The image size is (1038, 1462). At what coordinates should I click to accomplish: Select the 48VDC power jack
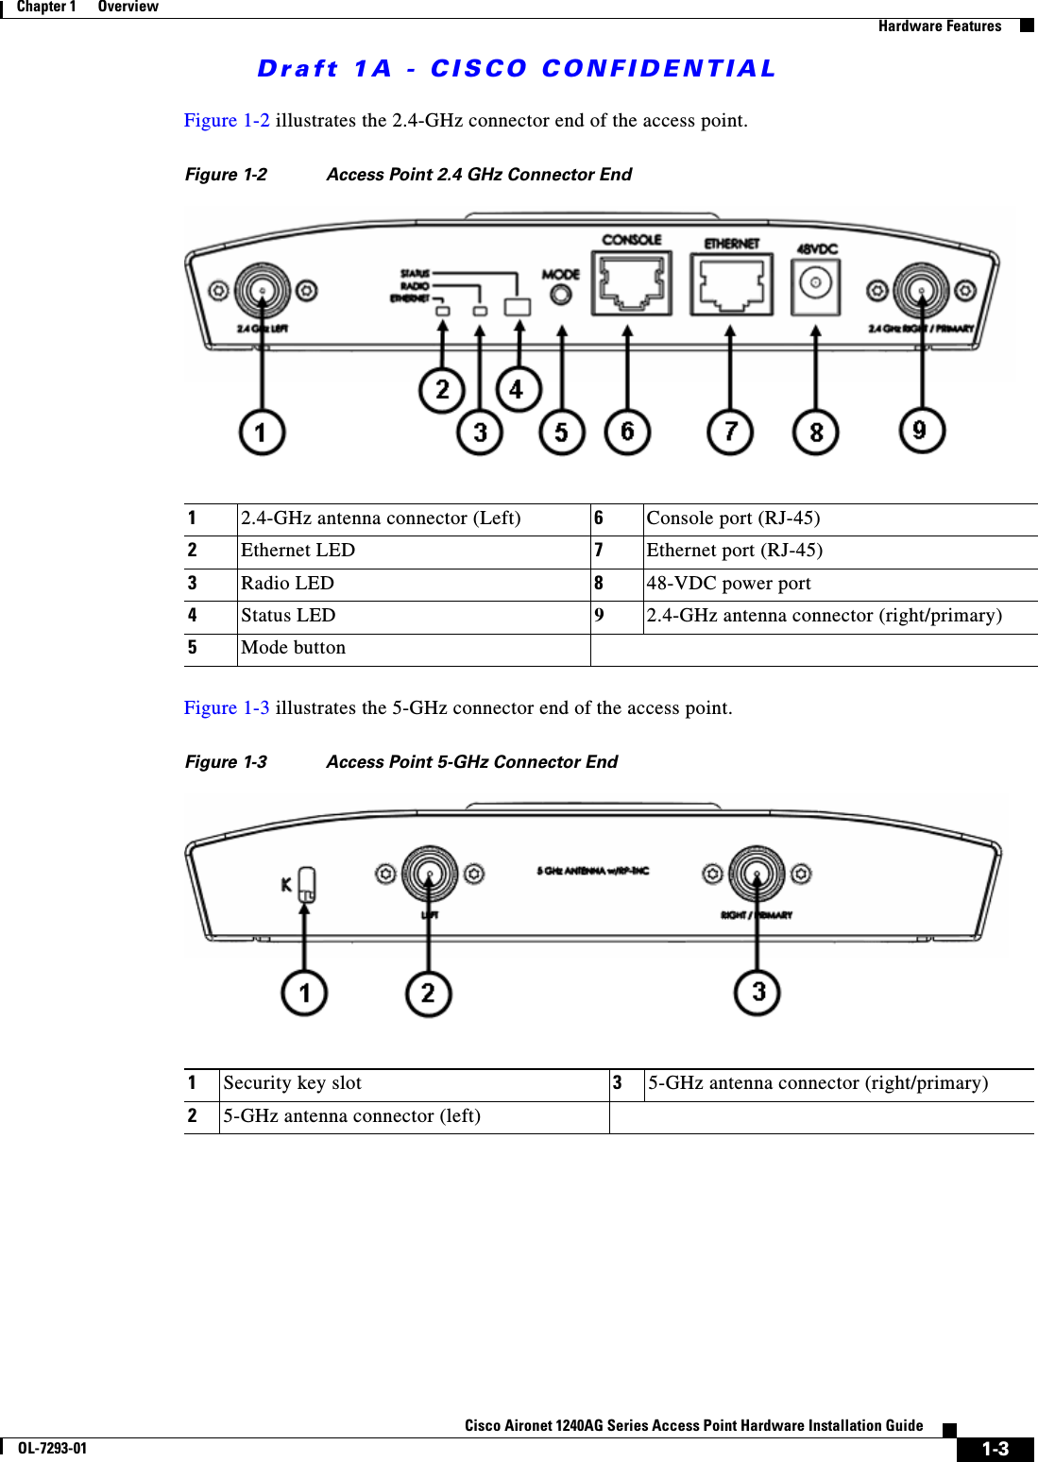tap(816, 282)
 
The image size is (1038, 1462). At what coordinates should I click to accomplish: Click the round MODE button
tap(561, 295)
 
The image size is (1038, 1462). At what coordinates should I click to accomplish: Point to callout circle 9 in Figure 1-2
tap(921, 431)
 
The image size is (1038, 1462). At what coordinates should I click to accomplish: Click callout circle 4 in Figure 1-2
tap(518, 389)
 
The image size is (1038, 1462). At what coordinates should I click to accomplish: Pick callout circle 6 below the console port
tap(627, 432)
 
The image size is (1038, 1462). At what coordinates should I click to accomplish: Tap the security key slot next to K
tap(306, 885)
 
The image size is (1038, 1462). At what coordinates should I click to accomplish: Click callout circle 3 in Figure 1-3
tap(757, 992)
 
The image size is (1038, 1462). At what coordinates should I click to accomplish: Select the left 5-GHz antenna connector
tap(430, 874)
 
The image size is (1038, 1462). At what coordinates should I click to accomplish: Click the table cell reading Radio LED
tap(287, 584)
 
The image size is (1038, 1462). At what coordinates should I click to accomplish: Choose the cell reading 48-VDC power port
tap(728, 584)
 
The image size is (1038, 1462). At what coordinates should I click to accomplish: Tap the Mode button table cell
tap(293, 648)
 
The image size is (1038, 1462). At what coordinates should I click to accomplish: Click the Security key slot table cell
tap(292, 1083)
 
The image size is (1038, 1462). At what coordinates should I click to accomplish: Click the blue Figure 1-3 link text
tap(226, 708)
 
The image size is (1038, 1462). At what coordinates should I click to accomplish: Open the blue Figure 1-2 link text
tap(226, 121)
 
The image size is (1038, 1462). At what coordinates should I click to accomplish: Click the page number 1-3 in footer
tap(995, 1449)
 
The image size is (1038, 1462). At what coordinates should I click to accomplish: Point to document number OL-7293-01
tap(52, 1448)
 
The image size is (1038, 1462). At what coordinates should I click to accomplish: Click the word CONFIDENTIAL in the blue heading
tap(658, 69)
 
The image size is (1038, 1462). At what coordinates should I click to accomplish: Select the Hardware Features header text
tap(939, 26)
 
